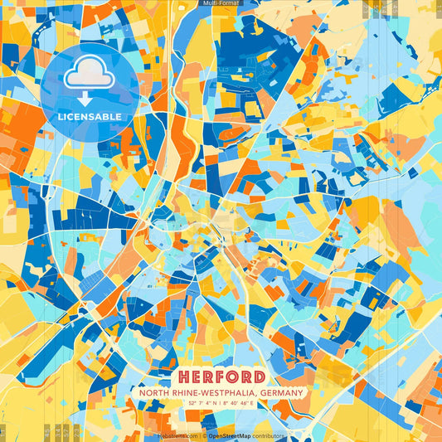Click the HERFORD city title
pos(221,376)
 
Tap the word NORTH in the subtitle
pos(157,393)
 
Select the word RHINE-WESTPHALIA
pos(214,393)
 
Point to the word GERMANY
pos(279,393)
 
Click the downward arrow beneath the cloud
pos(89,99)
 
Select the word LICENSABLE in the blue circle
pos(89,116)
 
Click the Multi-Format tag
pos(221,3)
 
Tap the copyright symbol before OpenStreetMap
pos(204,435)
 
